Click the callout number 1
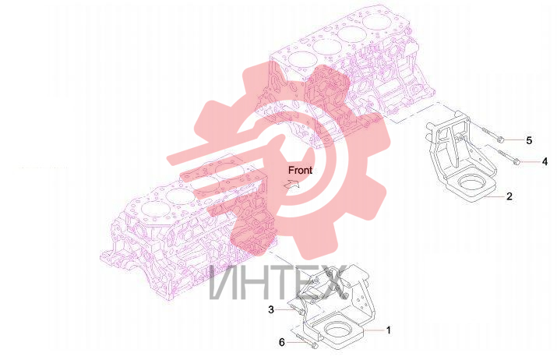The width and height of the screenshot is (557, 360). coord(388,330)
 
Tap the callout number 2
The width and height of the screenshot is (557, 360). coord(509,196)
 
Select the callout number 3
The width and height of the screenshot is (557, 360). coord(271,309)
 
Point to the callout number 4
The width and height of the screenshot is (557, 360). coord(545,162)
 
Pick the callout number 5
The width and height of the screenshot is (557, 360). coord(529,140)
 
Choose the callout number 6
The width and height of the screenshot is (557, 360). coord(282,342)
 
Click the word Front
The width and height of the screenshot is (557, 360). coord(300,170)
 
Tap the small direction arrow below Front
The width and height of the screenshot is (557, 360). coord(292,184)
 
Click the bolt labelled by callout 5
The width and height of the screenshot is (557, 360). coord(492,134)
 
